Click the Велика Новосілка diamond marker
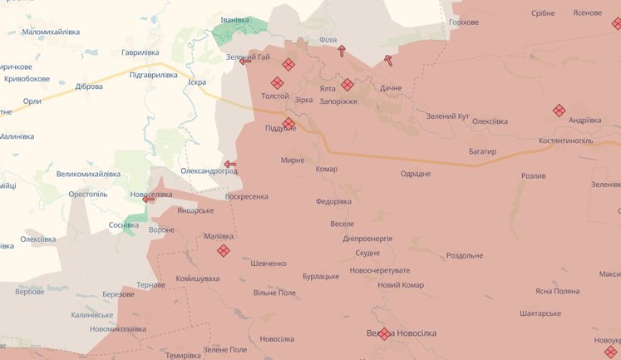[384, 334]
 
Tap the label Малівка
[219, 237]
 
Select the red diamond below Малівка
[223, 250]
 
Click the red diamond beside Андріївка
[559, 111]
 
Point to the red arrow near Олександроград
[229, 165]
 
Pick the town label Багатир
[481, 152]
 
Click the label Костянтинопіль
[565, 141]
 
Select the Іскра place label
[197, 83]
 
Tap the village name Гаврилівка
[140, 52]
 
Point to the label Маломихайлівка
[51, 32]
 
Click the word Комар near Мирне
[327, 170]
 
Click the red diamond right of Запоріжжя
[347, 84]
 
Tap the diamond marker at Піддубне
[288, 124]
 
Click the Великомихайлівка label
[88, 175]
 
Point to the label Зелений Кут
[447, 116]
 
